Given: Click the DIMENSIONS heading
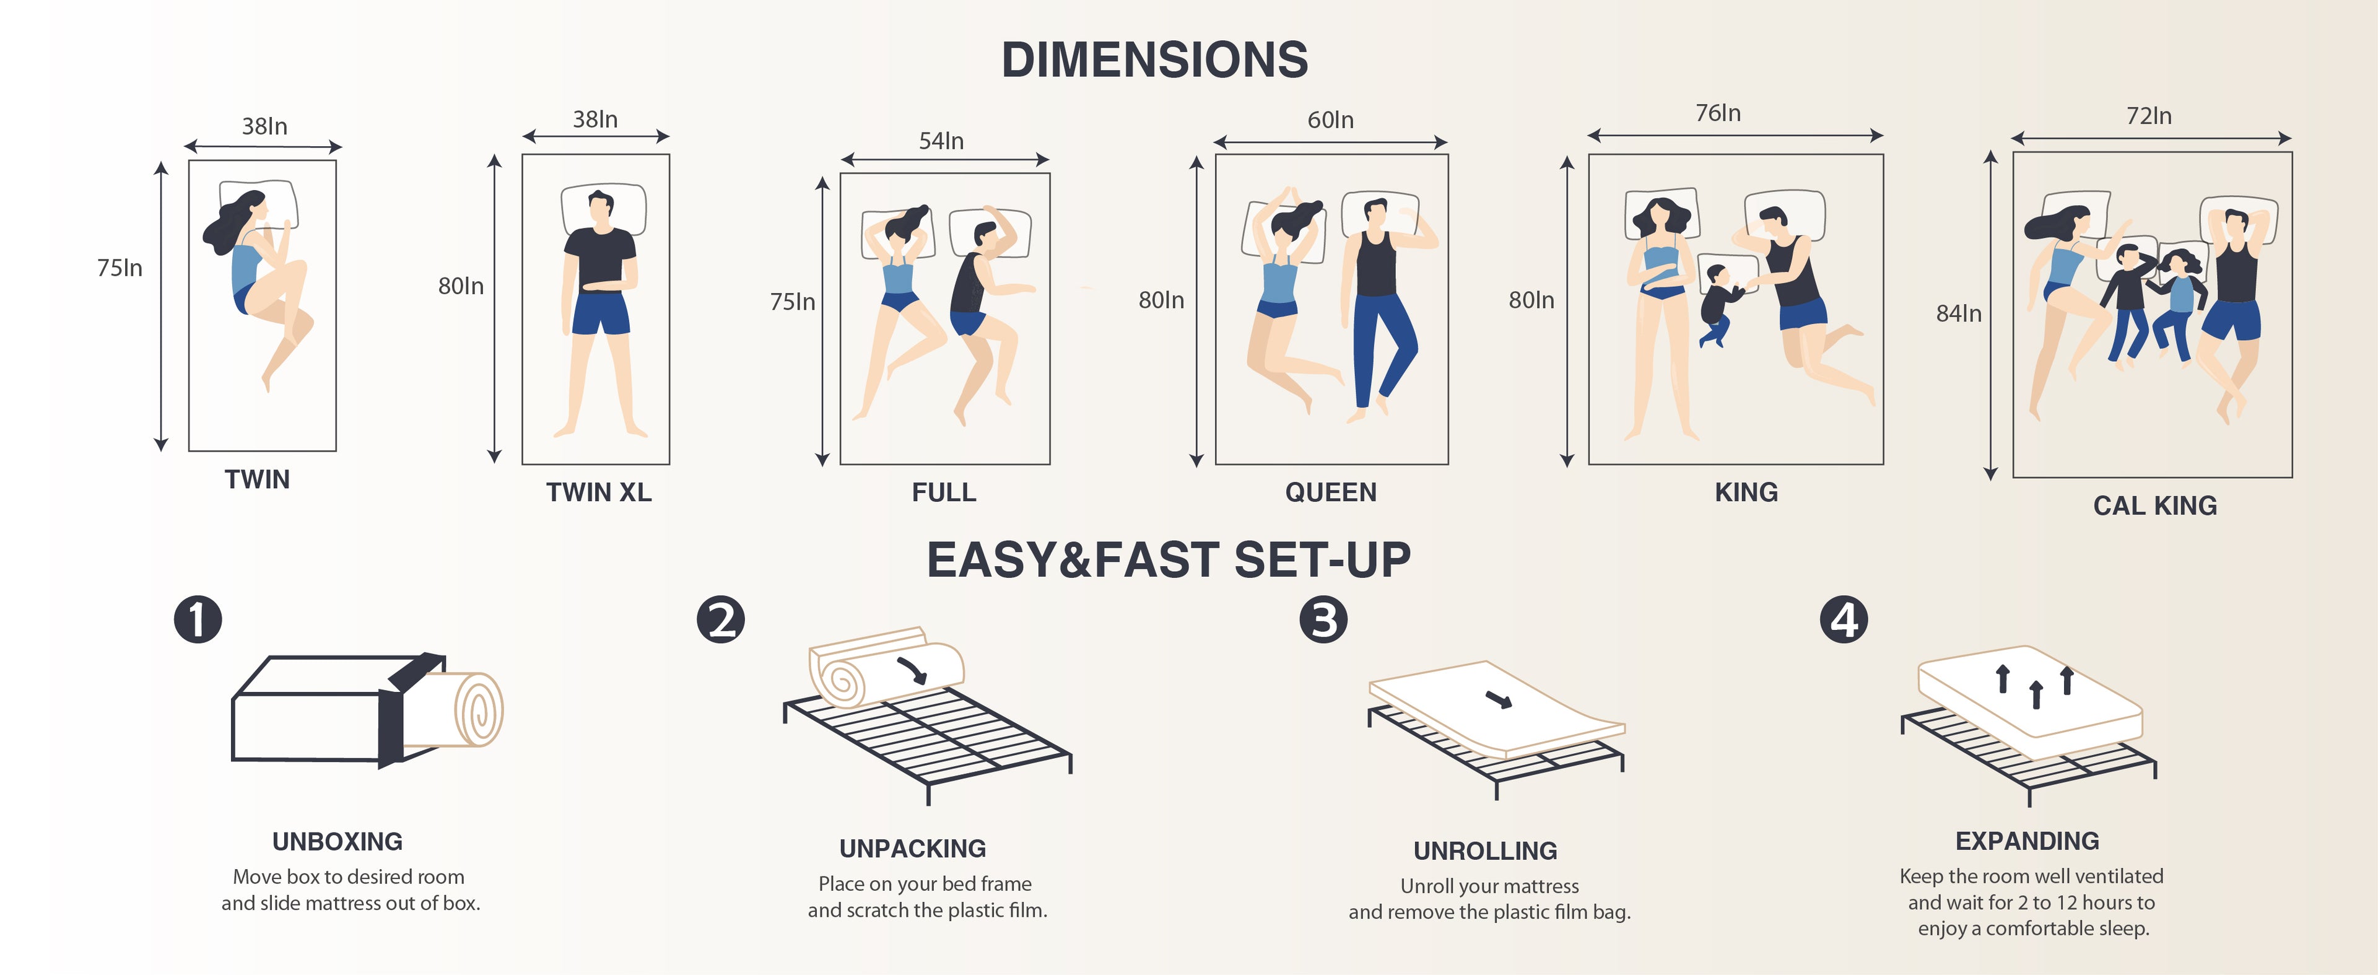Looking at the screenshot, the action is [x=1155, y=60].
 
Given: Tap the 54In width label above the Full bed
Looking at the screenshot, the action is [x=941, y=141].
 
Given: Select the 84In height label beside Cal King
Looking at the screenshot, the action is [x=1959, y=314].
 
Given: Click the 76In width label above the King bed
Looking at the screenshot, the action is [x=1718, y=113].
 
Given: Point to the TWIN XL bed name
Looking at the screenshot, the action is [x=598, y=492].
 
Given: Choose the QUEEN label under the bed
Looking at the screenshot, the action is [x=1330, y=492].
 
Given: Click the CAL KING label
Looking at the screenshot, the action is [x=2154, y=506].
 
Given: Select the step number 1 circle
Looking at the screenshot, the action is [x=198, y=619].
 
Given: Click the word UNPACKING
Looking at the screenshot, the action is [x=912, y=849].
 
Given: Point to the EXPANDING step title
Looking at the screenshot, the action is [x=2027, y=841].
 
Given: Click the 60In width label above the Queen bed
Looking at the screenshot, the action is [x=1330, y=120].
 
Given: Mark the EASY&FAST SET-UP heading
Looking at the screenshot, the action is [x=1169, y=559].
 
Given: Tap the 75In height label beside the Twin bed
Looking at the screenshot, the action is [x=120, y=268].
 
